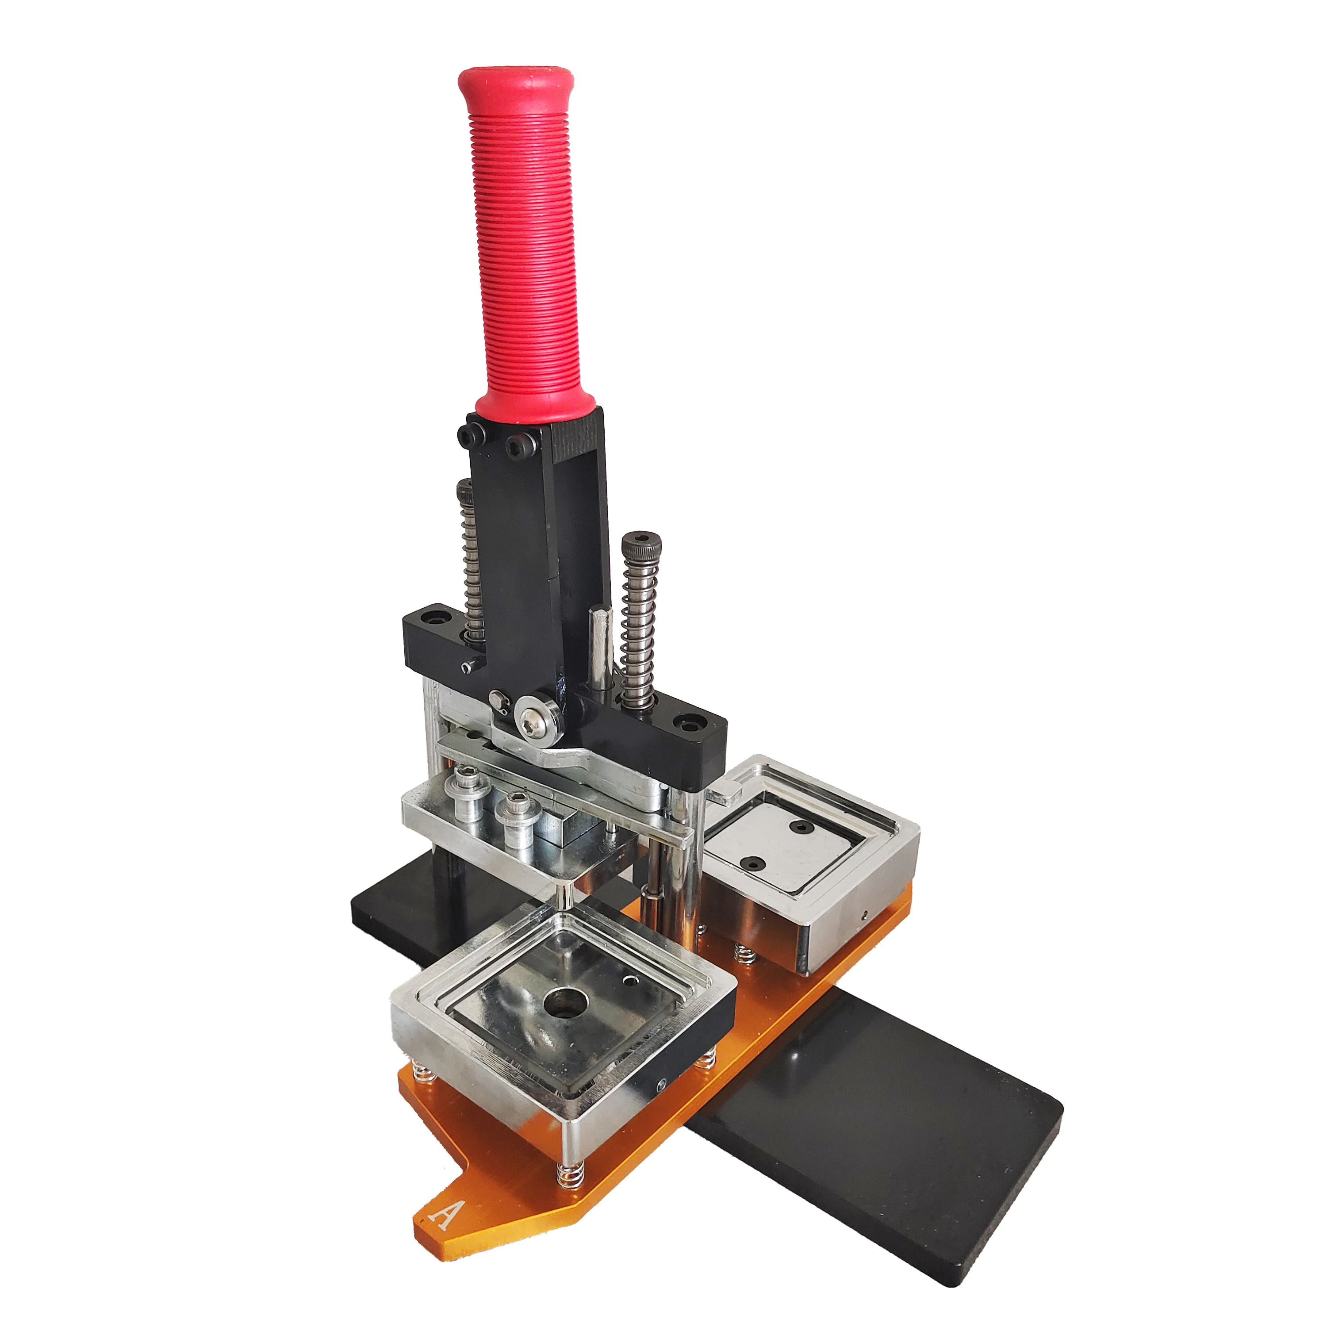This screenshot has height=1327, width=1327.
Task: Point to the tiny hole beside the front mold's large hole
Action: [x=628, y=982]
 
